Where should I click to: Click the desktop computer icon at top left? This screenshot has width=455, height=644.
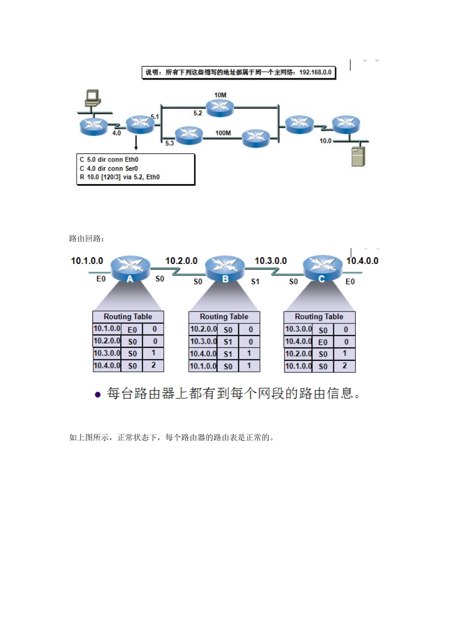coord(92,98)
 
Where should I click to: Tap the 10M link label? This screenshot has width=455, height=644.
coord(220,95)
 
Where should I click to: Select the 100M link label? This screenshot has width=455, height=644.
coord(223,133)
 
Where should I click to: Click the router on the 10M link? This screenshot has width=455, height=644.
coord(220,108)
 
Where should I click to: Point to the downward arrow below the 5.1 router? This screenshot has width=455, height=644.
coord(136,142)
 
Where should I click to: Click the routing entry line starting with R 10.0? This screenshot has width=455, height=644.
coord(120,177)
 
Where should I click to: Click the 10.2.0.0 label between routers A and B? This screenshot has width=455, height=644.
coord(181,261)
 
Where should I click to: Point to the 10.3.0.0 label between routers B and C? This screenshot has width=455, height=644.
coord(271,261)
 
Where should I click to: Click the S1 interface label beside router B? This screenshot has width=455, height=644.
coord(255,281)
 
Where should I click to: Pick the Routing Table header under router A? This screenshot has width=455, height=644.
coord(128,317)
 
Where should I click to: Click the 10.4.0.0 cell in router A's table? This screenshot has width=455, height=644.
coord(107,366)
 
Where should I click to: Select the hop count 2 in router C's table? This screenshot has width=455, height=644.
coord(344,366)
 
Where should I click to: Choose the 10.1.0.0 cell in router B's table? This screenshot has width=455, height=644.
coord(203,366)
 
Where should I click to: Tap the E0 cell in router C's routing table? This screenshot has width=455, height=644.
coord(323,342)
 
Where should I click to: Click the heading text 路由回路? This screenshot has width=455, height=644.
coord(86,238)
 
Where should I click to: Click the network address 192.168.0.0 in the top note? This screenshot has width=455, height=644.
coord(315,72)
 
